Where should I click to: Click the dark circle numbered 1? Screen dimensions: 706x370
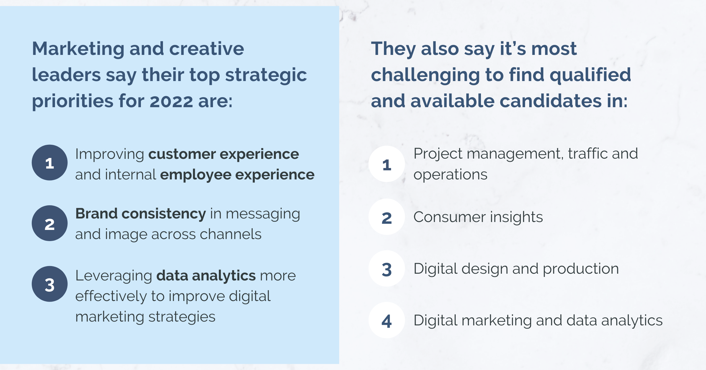point(50,163)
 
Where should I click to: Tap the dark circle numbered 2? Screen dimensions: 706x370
point(50,223)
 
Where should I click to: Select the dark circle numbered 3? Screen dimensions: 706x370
point(50,284)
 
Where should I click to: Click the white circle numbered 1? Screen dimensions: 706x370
point(387,164)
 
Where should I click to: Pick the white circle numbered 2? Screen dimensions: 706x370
point(387,217)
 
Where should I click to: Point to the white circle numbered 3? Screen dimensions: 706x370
point(387,268)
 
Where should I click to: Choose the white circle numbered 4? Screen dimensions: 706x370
point(387,320)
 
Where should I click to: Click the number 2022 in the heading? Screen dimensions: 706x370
point(171,102)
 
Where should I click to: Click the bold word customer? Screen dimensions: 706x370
point(182,154)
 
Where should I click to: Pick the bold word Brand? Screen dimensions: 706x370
point(96,213)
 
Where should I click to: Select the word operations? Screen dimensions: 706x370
point(450,175)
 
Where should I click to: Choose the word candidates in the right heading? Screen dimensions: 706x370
point(551,101)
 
